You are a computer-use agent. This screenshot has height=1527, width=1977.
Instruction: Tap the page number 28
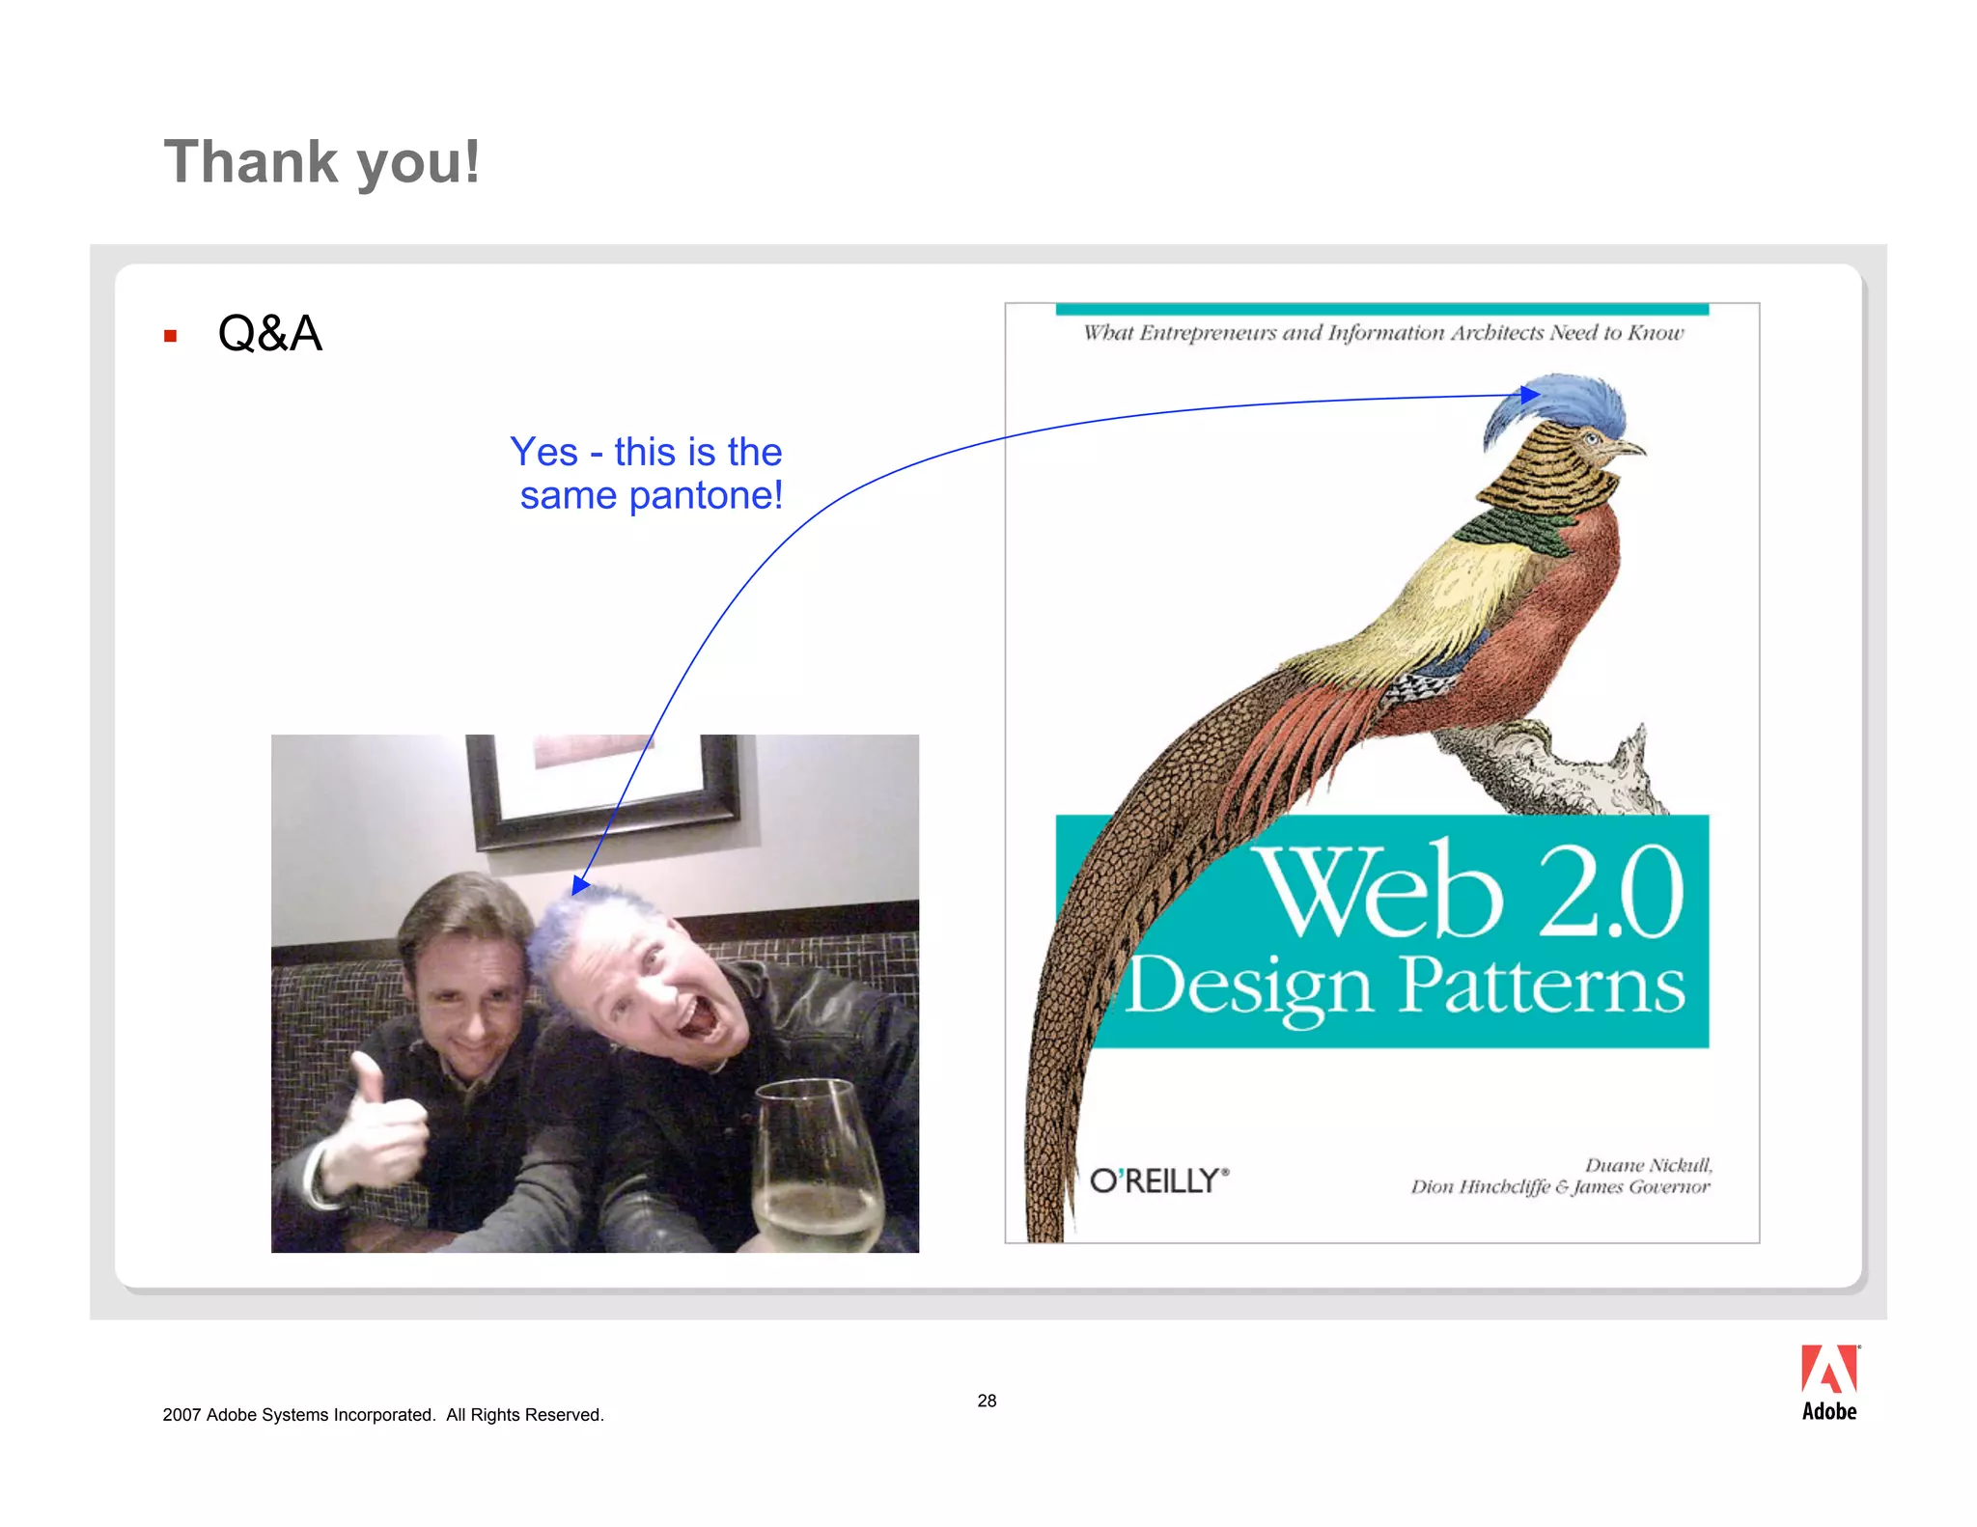(x=987, y=1401)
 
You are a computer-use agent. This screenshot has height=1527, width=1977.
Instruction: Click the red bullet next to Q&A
(x=171, y=336)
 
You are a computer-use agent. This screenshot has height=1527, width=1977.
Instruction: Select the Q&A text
(x=269, y=334)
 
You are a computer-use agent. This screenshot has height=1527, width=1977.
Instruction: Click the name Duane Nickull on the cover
(x=1648, y=1165)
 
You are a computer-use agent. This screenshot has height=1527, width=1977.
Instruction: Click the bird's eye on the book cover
(x=1592, y=439)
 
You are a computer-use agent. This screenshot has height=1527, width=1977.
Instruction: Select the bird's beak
(x=1631, y=449)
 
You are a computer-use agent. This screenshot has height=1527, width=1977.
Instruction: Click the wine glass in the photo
(x=819, y=1168)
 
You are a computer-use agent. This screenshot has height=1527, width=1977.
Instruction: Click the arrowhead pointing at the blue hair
(x=579, y=884)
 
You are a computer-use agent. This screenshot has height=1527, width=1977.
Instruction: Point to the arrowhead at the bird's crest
(x=1529, y=394)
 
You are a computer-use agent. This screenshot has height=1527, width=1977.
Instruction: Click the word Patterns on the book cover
(x=1542, y=986)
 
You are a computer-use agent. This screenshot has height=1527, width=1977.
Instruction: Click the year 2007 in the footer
(x=181, y=1415)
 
